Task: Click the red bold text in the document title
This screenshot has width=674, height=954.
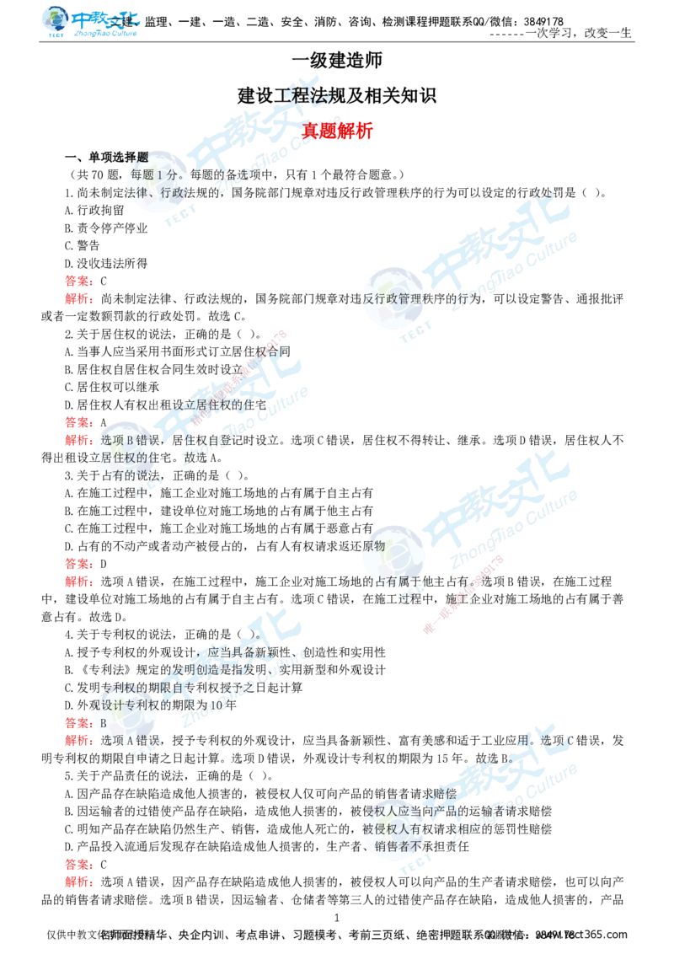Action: click(x=337, y=131)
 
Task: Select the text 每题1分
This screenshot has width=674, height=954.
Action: click(x=150, y=175)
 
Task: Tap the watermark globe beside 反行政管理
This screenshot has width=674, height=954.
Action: click(x=394, y=297)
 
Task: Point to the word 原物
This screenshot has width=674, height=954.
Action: click(x=374, y=546)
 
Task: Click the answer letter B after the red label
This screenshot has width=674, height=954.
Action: click(x=104, y=723)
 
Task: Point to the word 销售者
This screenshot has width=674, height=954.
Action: click(x=393, y=846)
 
